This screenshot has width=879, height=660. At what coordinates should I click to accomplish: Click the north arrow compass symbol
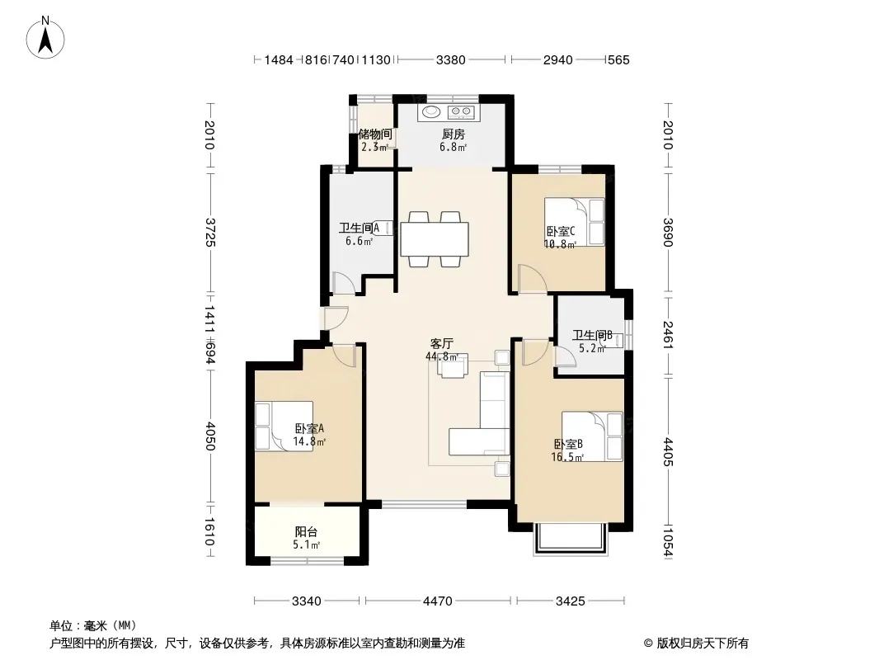(x=45, y=38)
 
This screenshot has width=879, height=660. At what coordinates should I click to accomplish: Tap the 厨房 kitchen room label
(x=453, y=134)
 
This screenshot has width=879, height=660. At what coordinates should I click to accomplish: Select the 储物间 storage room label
(x=375, y=134)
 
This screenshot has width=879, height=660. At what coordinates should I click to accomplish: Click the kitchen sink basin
(x=432, y=112)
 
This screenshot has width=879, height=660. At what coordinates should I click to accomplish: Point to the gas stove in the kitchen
(x=462, y=112)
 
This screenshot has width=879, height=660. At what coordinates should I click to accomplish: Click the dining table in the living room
(x=435, y=239)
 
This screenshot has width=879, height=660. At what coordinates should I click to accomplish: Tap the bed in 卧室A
(x=284, y=427)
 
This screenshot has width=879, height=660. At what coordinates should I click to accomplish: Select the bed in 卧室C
(x=575, y=222)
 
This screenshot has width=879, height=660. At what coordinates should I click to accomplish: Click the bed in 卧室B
(x=593, y=436)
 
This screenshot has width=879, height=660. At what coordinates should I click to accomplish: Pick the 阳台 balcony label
(x=306, y=531)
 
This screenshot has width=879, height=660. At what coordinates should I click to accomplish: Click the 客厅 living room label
(x=441, y=343)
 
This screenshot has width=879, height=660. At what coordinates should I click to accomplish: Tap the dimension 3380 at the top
(x=451, y=60)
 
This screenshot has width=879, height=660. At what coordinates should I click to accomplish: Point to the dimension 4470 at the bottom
(x=437, y=601)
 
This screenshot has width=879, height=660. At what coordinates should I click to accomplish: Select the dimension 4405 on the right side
(x=668, y=452)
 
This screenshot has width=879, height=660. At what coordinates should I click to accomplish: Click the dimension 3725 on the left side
(x=209, y=232)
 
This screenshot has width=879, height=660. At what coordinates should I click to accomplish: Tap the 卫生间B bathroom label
(x=592, y=335)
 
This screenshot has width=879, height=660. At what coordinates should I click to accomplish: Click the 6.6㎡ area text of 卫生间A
(x=360, y=241)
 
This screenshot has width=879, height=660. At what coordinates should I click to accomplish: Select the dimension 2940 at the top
(x=557, y=60)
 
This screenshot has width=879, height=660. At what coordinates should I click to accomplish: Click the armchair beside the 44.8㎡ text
(x=453, y=367)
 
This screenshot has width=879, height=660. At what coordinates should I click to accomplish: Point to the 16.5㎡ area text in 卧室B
(x=567, y=457)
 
